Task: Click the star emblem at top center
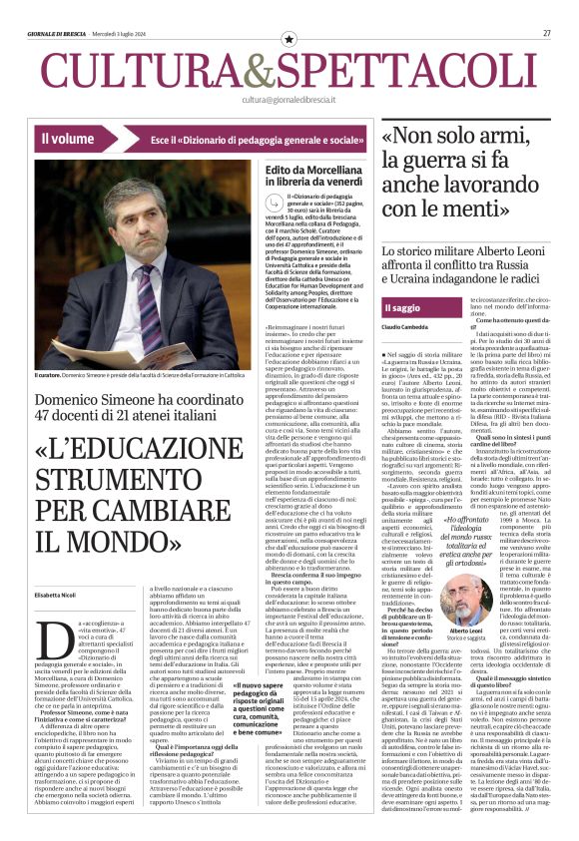[x=289, y=39]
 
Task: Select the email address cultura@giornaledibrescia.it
[x=289, y=100]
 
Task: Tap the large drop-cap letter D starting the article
[x=45, y=632]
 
